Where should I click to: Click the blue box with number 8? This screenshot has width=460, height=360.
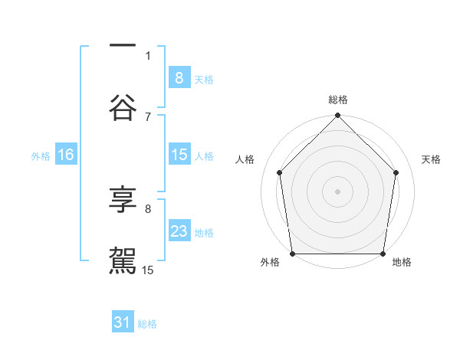tap(179, 77)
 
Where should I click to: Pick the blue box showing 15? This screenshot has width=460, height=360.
tap(179, 155)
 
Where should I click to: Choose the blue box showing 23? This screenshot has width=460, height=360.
tap(179, 231)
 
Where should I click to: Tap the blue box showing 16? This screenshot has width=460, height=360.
tap(65, 155)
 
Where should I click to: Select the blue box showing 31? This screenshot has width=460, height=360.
tap(123, 323)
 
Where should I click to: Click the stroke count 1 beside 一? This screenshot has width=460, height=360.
tap(148, 55)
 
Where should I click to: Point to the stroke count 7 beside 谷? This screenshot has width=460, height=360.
tap(148, 116)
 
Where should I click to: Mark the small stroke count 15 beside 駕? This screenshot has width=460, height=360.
tap(148, 270)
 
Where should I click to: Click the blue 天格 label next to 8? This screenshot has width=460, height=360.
tap(204, 79)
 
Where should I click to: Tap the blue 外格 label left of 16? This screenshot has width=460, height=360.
tap(41, 156)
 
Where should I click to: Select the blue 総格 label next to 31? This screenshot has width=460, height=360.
tap(147, 325)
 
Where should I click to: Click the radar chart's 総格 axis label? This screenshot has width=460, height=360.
tap(338, 100)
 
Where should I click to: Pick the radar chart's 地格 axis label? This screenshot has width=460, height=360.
tap(402, 262)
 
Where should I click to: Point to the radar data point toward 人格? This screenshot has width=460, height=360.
tap(280, 172)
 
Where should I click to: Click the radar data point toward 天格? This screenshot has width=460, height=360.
tap(396, 172)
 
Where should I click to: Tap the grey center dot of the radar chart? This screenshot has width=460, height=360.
tap(338, 191)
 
